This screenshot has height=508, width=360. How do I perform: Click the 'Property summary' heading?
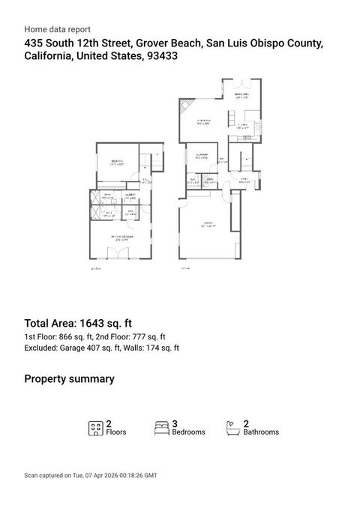click(69, 379)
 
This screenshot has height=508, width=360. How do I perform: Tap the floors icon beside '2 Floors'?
click(95, 428)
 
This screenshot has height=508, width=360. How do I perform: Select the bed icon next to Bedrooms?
click(161, 428)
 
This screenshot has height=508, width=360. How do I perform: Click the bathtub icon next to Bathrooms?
click(232, 428)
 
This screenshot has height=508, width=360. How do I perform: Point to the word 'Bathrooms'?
click(261, 432)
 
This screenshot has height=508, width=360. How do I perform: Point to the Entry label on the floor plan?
click(244, 181)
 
